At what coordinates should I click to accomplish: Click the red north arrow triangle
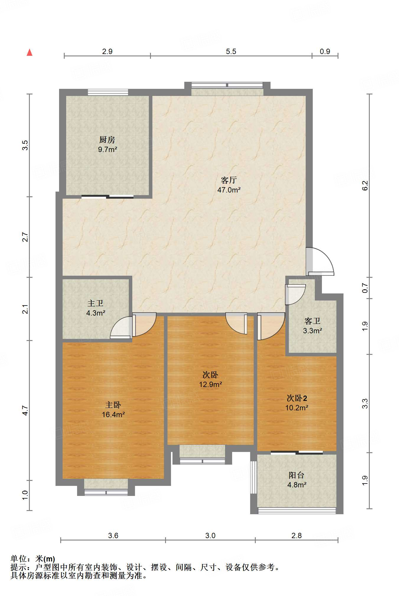point(30,52)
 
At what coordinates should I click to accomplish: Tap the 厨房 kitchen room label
point(107,139)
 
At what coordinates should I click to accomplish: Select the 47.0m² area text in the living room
point(229,190)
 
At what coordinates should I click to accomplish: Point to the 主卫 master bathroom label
point(95,303)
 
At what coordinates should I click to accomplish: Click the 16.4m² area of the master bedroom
point(113,414)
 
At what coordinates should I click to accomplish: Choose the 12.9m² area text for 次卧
point(211,384)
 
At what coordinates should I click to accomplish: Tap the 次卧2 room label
point(297,398)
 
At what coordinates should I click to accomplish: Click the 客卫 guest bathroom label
point(312,321)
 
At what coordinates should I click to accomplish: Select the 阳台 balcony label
point(297,475)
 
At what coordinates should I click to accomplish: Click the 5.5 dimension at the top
point(231,51)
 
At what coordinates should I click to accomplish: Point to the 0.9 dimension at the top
point(325,51)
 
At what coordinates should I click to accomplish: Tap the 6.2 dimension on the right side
point(365,185)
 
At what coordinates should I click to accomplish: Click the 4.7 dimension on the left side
point(25,411)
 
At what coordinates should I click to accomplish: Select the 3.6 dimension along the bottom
point(113,535)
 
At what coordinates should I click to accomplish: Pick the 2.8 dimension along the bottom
point(297,535)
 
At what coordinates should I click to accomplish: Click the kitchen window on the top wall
point(108,92)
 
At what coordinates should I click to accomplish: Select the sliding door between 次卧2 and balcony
point(297,452)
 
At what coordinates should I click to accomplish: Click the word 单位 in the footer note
point(18,559)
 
